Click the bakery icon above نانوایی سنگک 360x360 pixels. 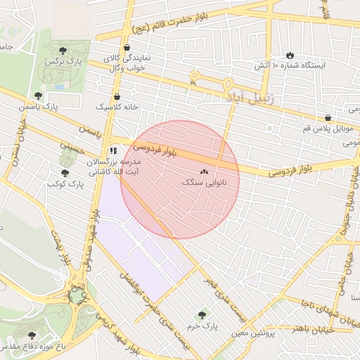[205, 172]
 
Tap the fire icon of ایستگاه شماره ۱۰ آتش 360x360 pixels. [290, 56]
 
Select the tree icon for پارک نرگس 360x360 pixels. [63, 51]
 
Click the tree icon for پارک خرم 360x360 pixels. [202, 314]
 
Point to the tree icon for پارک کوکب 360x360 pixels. [65, 172]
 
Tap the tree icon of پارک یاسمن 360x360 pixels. [38, 96]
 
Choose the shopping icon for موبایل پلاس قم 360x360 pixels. [328, 117]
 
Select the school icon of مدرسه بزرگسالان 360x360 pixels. [112, 150]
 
